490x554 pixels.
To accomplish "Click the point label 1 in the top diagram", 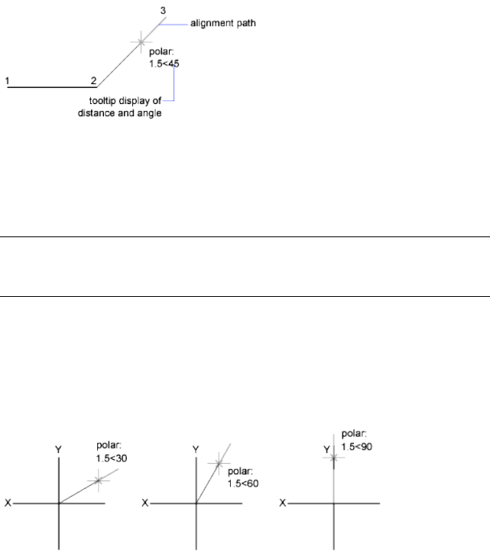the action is (x=7, y=80).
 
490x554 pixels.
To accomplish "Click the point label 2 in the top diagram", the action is (x=93, y=80).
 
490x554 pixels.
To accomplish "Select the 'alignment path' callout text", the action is (x=222, y=24).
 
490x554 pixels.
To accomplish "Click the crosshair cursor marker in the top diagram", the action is (x=141, y=42).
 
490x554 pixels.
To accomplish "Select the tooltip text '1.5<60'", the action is (x=243, y=483).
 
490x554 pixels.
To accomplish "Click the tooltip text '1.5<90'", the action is (x=357, y=445).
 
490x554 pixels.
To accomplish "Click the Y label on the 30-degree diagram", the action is (x=59, y=451).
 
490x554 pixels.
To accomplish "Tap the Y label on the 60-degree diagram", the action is (x=196, y=451).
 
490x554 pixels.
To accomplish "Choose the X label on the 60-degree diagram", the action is (x=145, y=503).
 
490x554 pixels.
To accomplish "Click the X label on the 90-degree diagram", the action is (x=284, y=503).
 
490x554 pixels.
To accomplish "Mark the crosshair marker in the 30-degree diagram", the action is (x=98, y=481).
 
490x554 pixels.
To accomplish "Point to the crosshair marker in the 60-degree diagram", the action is (x=219, y=462).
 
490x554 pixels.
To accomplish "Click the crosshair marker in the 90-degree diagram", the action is (x=334, y=457).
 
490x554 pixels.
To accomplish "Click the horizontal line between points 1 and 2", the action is (x=50, y=87).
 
